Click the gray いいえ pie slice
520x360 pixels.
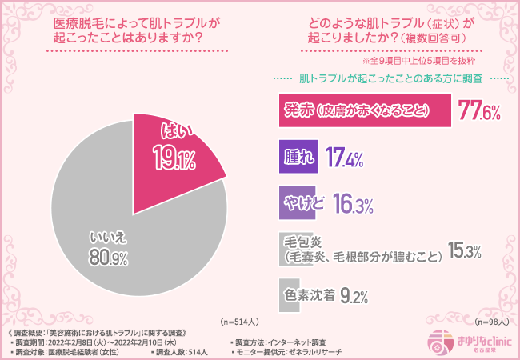coord(120,240)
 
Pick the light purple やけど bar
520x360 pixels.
coord(302,203)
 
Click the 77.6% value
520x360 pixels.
coord(478,111)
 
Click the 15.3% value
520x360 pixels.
coord(464,250)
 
